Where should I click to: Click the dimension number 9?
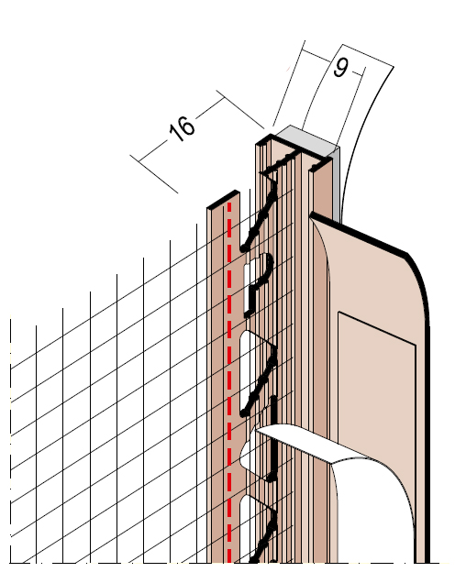[x=340, y=68]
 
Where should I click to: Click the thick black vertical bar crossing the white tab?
[x=272, y=438]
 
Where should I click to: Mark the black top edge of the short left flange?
[x=223, y=199]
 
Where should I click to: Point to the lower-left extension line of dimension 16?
[x=154, y=174]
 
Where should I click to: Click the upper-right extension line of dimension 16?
[x=240, y=109]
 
